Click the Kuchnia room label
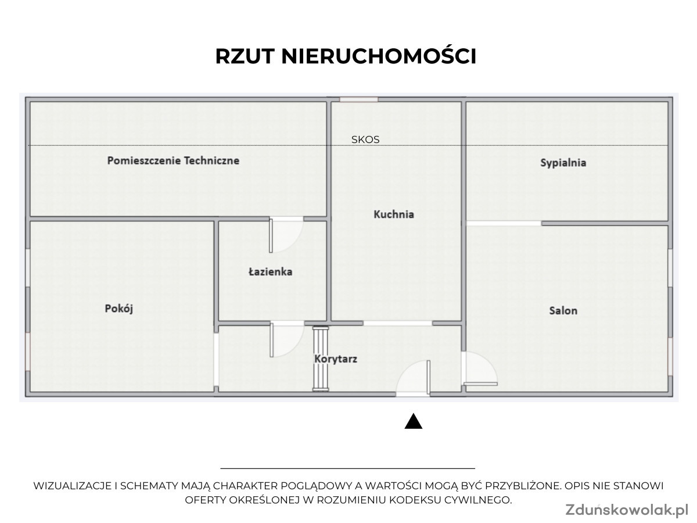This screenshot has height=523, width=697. pos(394,214)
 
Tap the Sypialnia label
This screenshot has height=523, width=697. pos(563,163)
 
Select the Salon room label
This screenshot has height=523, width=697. pos(563,310)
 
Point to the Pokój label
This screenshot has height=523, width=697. pos(118,309)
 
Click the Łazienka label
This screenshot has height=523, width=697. pos(270,272)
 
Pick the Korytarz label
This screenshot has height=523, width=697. pos(336,359)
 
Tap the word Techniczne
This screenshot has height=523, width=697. pos(211,161)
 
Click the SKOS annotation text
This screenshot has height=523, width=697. pos(365,139)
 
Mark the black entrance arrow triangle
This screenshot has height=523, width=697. pos(413,421)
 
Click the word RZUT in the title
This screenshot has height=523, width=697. pos(245,56)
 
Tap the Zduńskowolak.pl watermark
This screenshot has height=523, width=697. pos(627,510)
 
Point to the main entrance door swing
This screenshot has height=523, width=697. pos(413,378)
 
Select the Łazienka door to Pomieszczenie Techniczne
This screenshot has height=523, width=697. pos(286,235)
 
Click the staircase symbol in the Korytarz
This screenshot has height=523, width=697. pos(321,359)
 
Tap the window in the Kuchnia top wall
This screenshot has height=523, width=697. pos(359,99)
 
